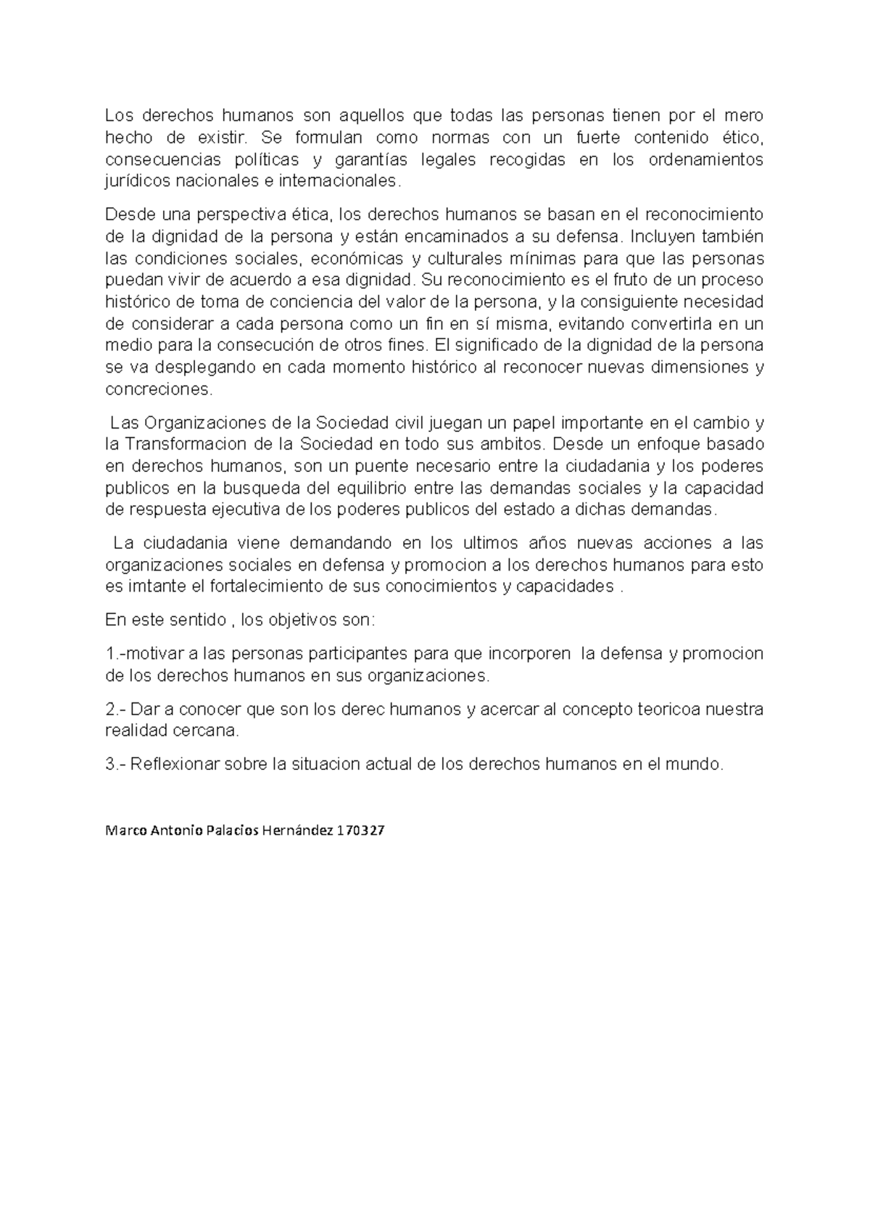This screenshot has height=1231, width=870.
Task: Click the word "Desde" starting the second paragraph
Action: point(125,215)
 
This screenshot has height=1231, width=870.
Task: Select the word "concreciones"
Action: point(159,389)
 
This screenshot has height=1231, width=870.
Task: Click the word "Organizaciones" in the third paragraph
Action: point(198,423)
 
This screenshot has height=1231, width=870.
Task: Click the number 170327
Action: point(360,832)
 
